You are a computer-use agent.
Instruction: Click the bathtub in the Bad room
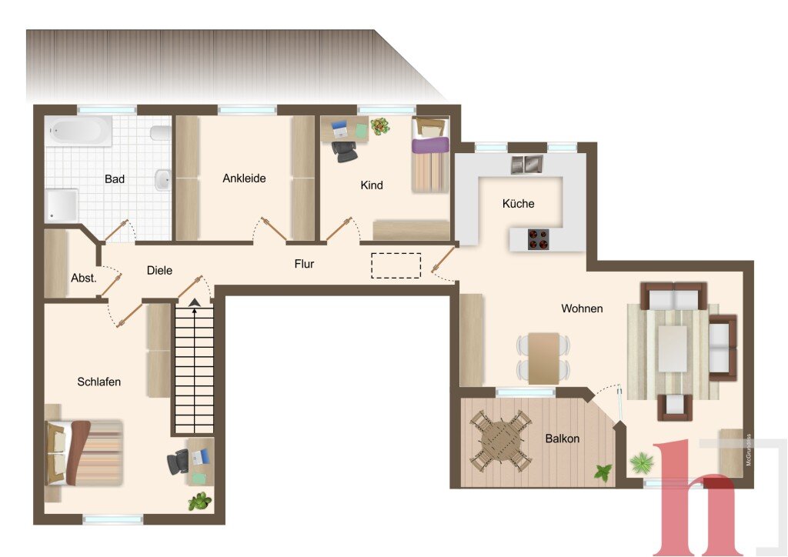point(79,131)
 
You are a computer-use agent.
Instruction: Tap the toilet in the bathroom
point(161,132)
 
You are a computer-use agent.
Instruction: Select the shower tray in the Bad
point(62,205)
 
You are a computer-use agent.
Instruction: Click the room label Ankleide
point(244,178)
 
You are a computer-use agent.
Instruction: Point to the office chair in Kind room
point(346,152)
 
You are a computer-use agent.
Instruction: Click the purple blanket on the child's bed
point(430,145)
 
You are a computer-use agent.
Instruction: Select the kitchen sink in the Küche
point(527,164)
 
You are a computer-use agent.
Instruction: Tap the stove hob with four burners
point(539,239)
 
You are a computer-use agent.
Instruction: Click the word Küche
point(518,203)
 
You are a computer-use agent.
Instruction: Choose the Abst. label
point(83,278)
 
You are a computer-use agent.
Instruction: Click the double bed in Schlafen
point(84,453)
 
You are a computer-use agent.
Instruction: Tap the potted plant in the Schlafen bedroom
point(200,502)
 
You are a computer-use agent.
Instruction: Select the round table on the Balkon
point(499,441)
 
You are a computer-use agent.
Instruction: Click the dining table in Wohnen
point(544,358)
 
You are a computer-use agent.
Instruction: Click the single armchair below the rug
point(675,407)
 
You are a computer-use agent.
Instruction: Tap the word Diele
point(159,270)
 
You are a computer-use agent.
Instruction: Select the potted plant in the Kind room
point(380,125)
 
